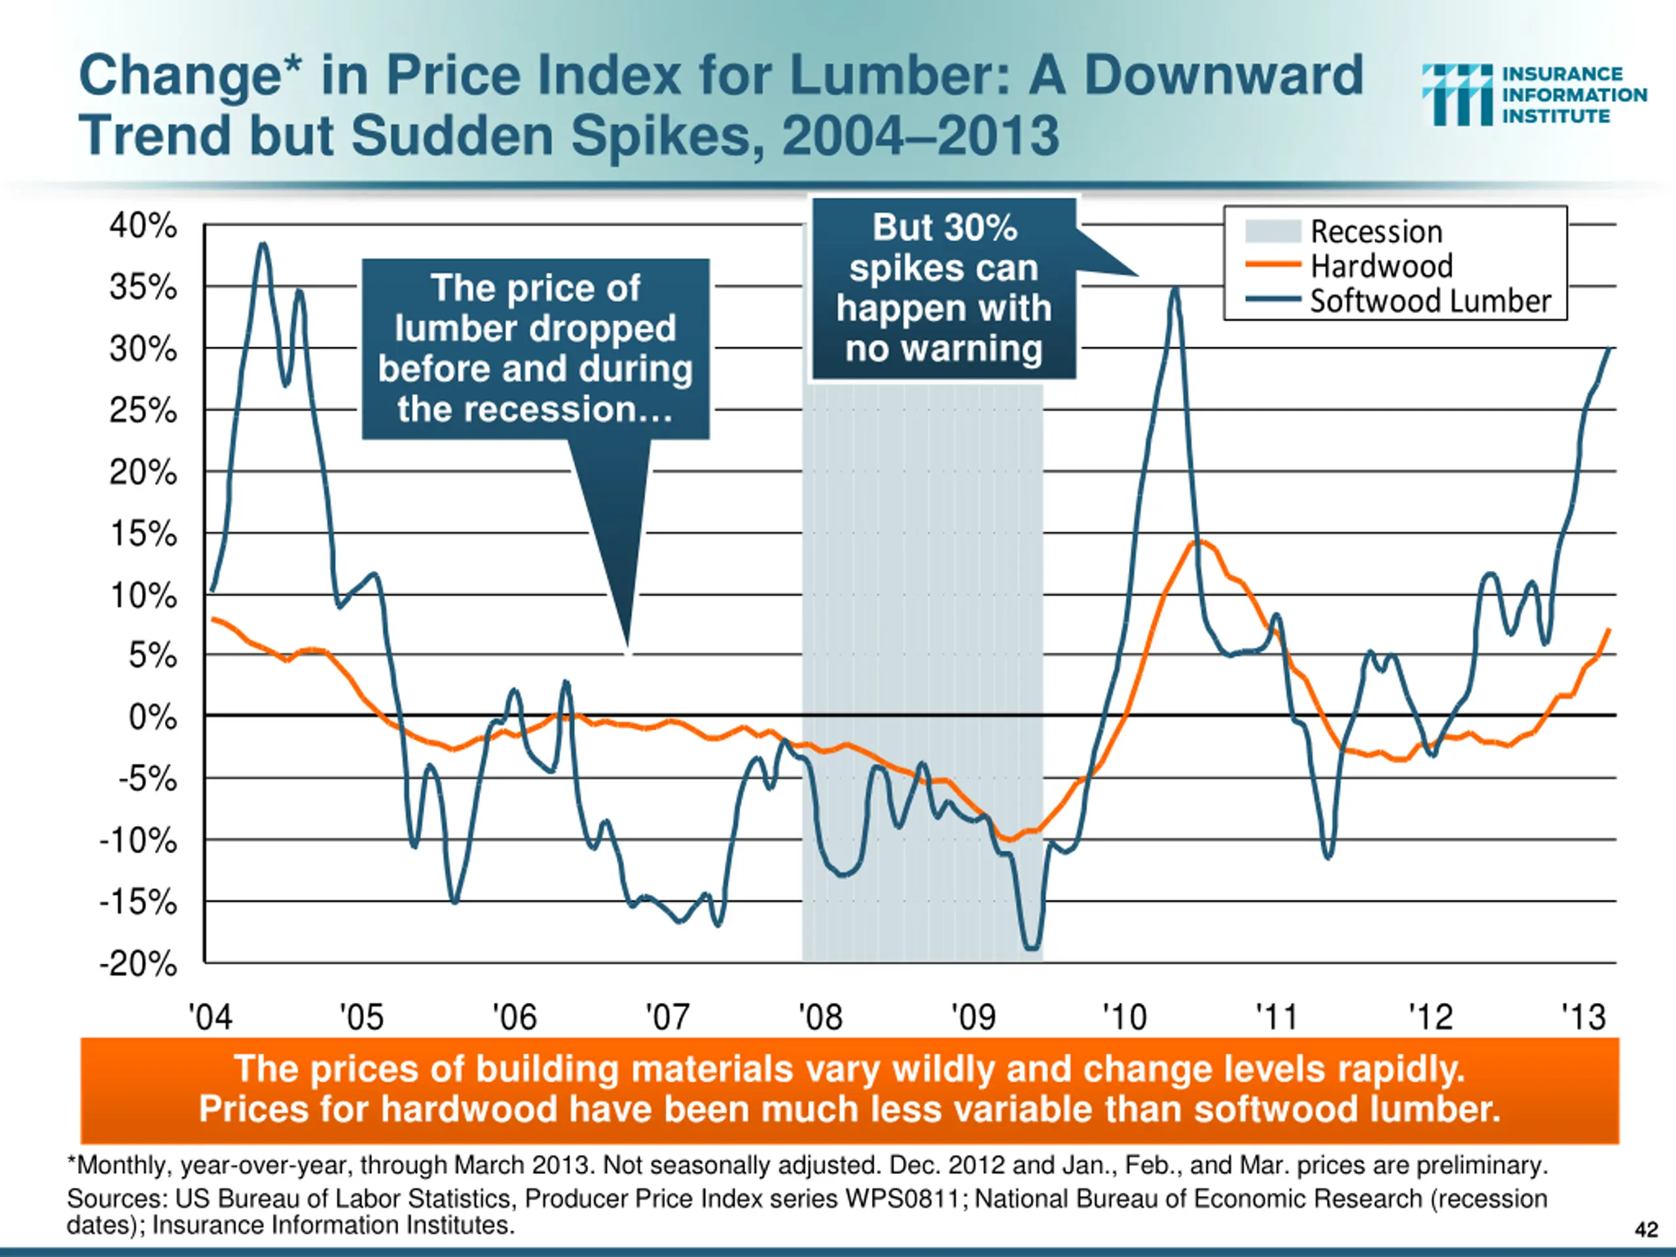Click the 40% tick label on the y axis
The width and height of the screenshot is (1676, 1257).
[x=143, y=226]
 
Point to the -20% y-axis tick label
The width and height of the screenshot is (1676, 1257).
[x=138, y=964]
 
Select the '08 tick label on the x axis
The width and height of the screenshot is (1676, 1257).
[x=820, y=1017]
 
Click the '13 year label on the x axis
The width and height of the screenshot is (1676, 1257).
[x=1584, y=1017]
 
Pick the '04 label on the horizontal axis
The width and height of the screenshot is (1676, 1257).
[x=210, y=1017]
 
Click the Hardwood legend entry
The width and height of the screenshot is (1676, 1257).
[x=1381, y=266]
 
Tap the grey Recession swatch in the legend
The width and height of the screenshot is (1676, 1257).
[x=1273, y=231]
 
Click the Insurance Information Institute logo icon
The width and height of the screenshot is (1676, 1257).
[x=1456, y=95]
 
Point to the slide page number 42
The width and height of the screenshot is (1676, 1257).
[x=1647, y=1229]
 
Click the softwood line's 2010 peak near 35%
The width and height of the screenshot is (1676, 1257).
[x=1175, y=289]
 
